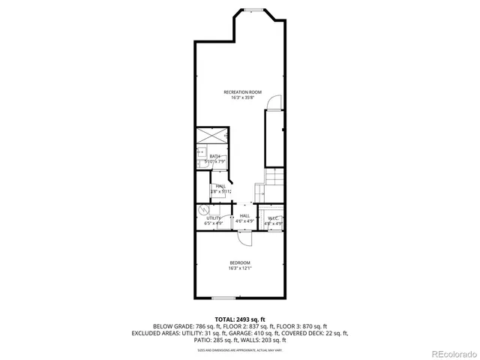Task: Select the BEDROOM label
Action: tap(240, 262)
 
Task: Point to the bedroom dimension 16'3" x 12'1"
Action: tap(240, 268)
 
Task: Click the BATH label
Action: tap(214, 156)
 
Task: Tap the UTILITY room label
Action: tap(214, 218)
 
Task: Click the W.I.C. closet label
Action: tap(273, 218)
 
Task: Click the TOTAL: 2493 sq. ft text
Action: tap(240, 319)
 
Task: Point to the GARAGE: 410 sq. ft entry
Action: tap(280, 333)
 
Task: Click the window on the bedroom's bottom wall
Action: tap(240, 299)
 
